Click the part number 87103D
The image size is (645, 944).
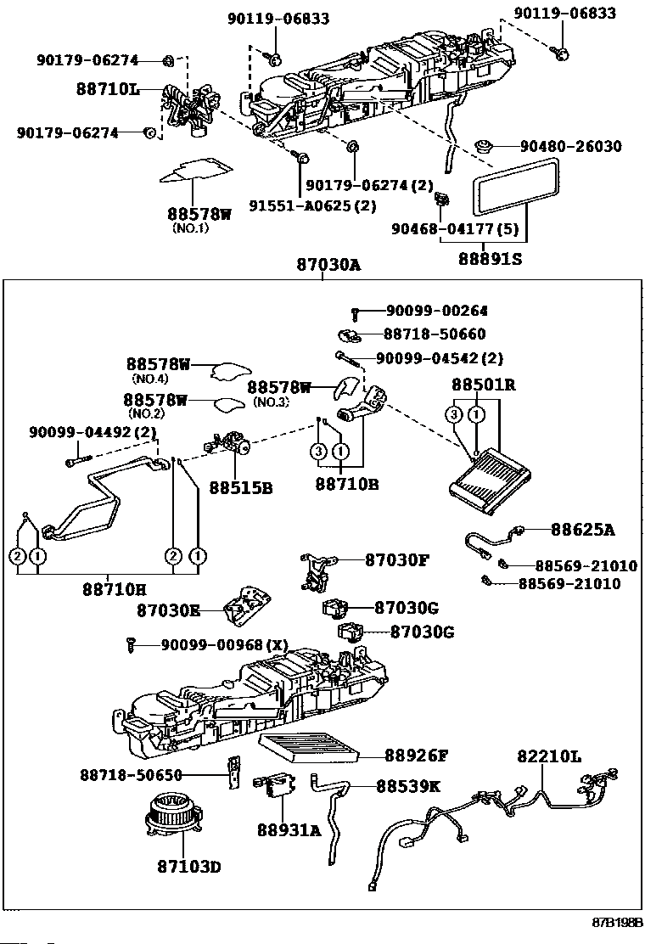[x=188, y=867]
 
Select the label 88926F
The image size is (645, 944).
[x=416, y=754]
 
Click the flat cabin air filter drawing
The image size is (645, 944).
[x=310, y=749]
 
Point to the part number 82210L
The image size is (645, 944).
[x=549, y=756]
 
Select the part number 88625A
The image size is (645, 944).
[x=581, y=530]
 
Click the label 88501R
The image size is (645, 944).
[x=484, y=385]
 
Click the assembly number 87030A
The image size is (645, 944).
[x=328, y=265]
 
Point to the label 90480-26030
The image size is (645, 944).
[x=570, y=147]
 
